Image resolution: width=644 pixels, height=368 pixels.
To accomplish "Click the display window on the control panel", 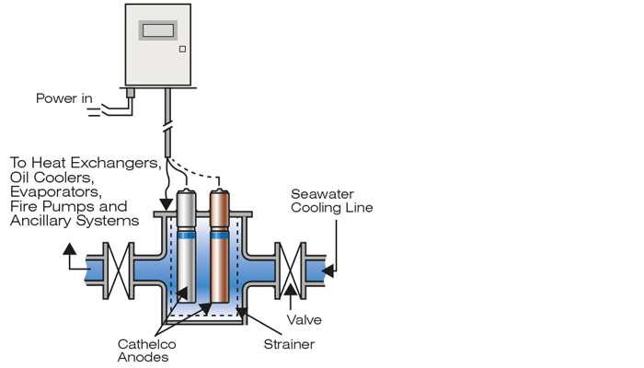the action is point(158,30).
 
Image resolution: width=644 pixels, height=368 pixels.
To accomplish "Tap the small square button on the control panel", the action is point(182,50).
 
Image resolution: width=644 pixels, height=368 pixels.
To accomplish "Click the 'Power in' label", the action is point(64,98).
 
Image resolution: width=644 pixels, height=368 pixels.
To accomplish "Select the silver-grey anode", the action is point(187,246).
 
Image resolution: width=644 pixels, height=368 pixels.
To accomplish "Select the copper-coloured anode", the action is point(219,246).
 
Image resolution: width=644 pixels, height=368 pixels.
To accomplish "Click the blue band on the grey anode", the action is point(187,236).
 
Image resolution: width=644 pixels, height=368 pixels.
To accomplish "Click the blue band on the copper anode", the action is point(219,236).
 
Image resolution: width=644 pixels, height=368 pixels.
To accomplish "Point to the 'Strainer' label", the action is point(289,344).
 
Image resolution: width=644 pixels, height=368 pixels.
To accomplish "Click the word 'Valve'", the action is point(304,320).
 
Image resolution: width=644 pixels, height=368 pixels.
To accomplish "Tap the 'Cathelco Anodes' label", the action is point(146,351).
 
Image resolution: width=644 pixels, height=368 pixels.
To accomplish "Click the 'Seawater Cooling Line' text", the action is point(332,201).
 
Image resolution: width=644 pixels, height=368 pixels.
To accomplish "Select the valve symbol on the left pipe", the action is point(119,270).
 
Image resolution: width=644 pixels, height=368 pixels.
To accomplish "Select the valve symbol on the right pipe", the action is point(291,270).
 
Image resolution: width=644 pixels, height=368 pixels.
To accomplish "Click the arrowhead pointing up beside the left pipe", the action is point(69,249).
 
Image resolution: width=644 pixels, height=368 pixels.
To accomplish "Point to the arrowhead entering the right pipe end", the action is point(328,271).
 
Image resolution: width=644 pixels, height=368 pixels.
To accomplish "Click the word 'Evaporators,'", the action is point(56,192).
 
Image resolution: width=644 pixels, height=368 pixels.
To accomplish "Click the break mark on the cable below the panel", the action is point(167,124).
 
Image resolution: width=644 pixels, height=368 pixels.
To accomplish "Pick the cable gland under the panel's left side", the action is point(131,93).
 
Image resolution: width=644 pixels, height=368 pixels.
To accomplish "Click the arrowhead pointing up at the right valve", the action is point(291,290).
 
